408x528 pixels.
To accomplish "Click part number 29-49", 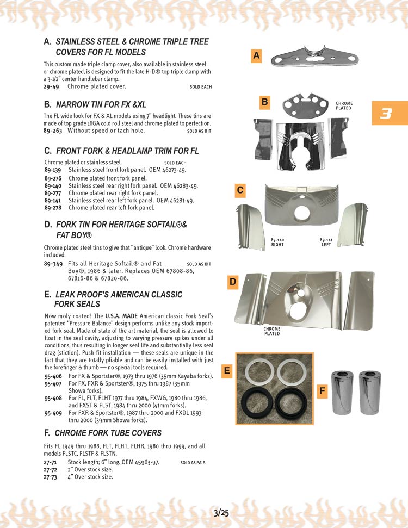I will coord(51,86).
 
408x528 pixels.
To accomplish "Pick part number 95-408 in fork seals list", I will coord(53,398).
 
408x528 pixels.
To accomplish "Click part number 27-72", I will coord(50,470).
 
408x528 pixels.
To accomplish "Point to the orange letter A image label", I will coord(257,55).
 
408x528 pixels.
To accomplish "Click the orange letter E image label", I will coord(227,371).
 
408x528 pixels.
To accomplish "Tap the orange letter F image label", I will coord(323,390).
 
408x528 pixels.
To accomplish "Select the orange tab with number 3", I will coord(387,114).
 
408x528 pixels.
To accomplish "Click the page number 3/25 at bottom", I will coord(221,512).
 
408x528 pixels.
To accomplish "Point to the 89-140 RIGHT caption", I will coord(277,242).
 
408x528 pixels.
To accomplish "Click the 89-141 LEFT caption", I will coord(326,242).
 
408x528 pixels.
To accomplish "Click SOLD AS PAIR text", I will coord(193,463).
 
